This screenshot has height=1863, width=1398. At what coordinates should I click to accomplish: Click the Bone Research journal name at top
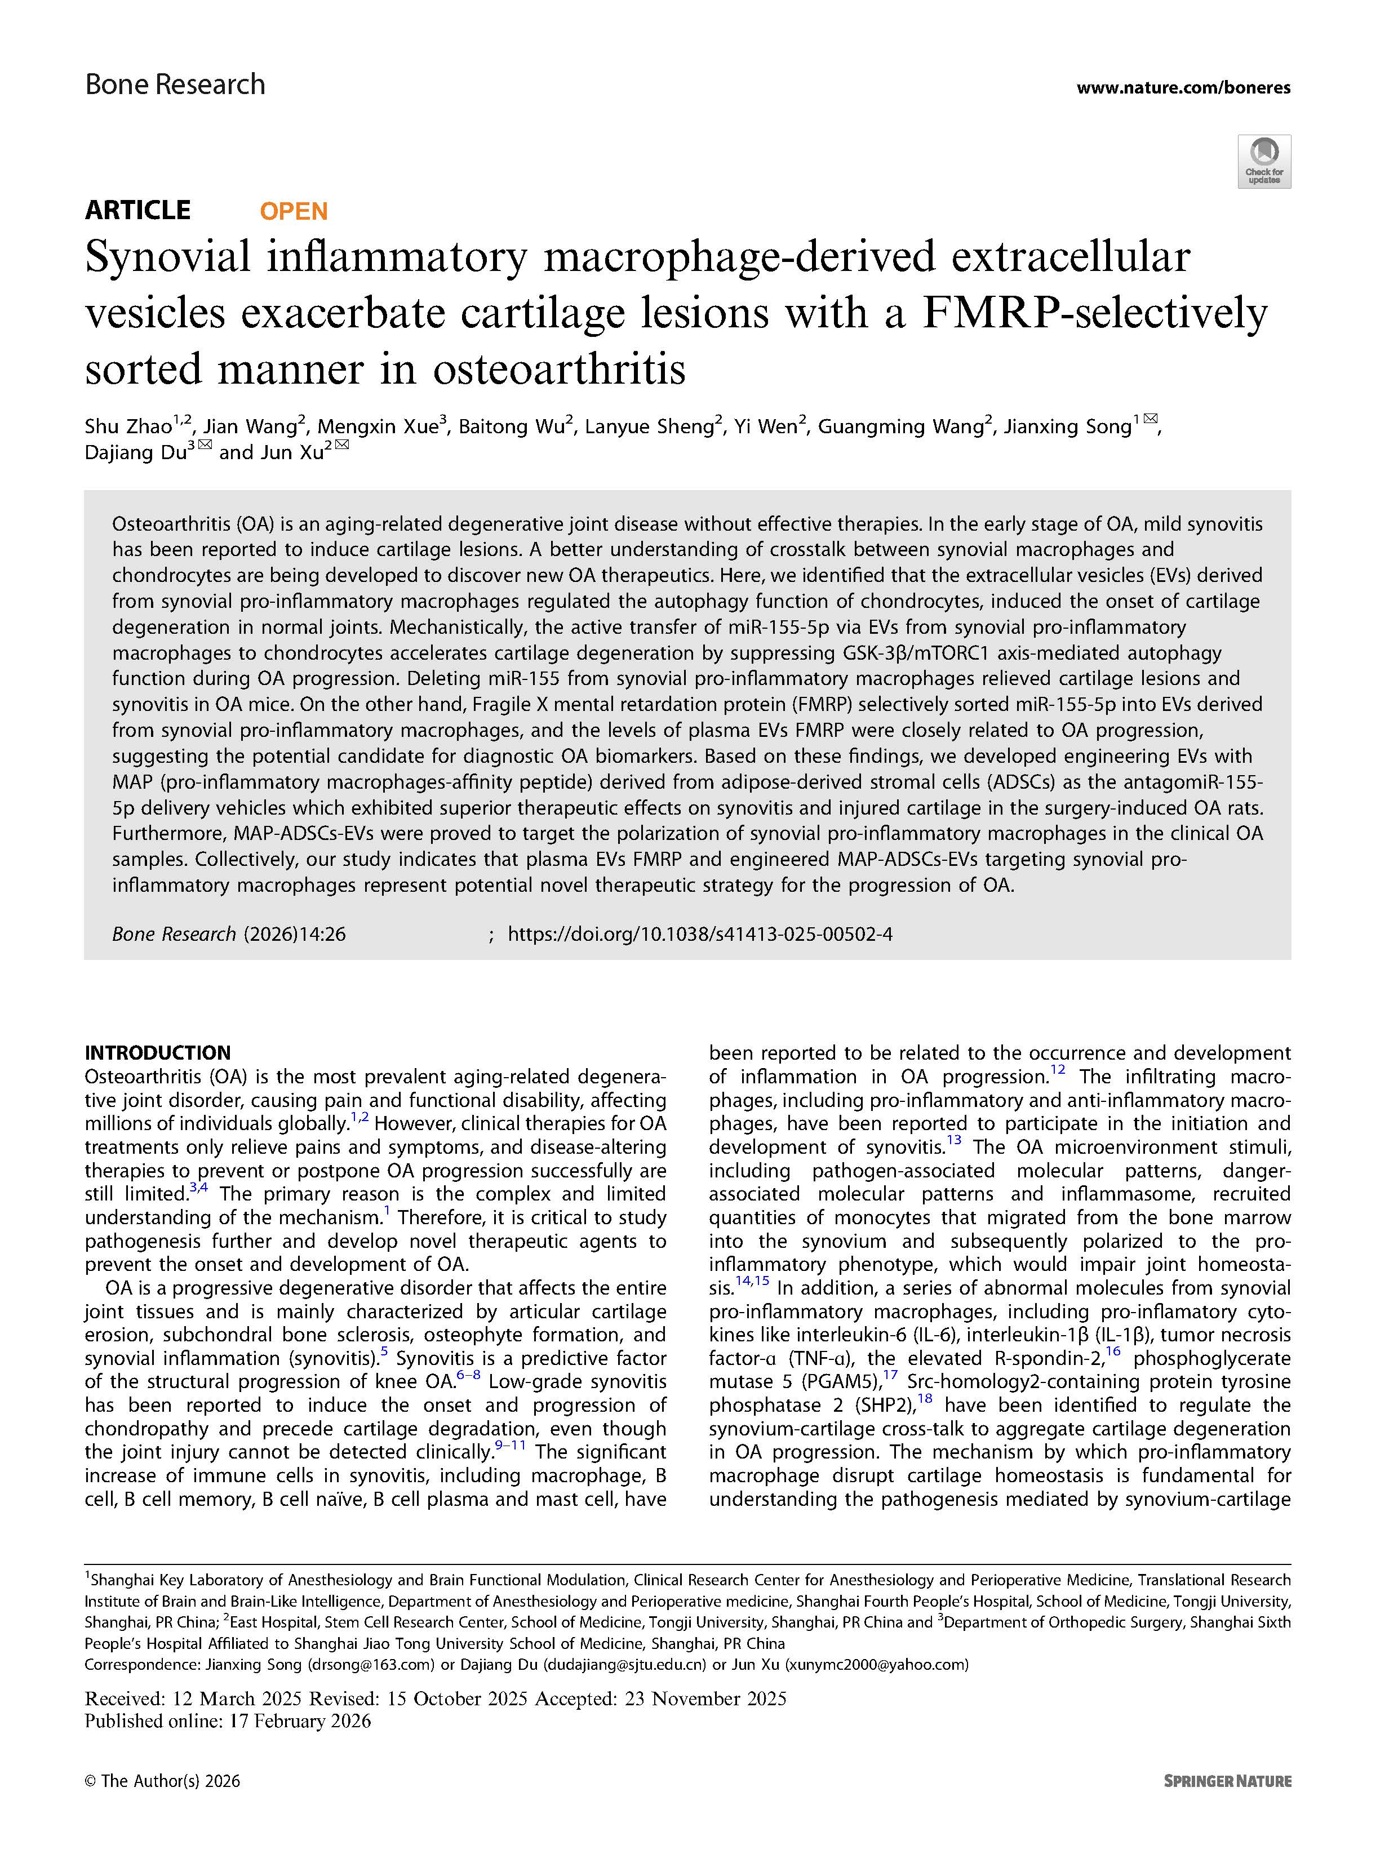(175, 85)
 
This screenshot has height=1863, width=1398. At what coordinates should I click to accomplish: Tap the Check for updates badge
(1263, 161)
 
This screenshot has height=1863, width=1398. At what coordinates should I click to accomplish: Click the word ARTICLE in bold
(138, 210)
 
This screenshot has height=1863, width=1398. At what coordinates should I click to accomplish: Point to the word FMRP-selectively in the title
(1095, 313)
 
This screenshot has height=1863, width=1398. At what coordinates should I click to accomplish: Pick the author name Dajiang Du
(135, 453)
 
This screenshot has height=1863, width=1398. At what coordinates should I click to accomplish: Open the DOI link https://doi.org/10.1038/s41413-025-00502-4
(700, 933)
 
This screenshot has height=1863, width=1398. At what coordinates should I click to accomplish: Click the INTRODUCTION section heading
(157, 1052)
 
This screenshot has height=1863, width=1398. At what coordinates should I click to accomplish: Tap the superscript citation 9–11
(511, 1445)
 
